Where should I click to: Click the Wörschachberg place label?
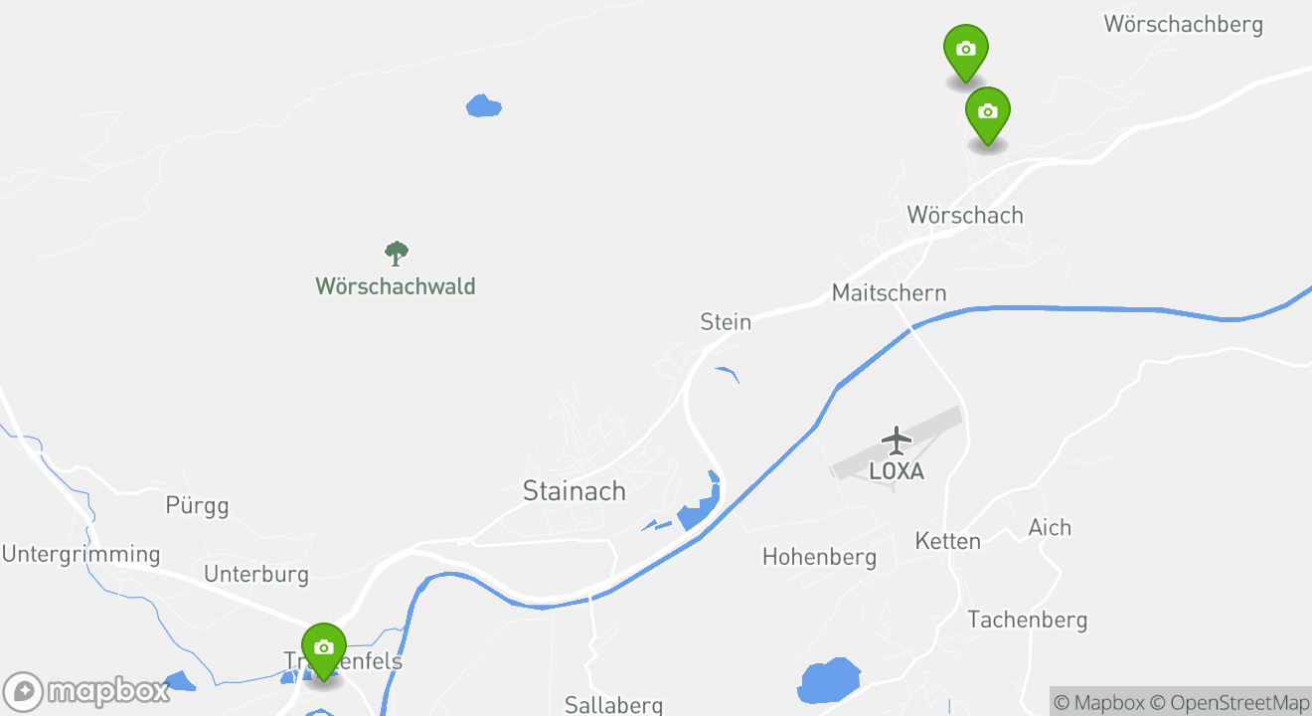point(1183,24)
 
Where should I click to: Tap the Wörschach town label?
point(964,215)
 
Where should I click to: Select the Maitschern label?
point(889,292)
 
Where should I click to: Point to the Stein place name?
point(726,321)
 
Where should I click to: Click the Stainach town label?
point(574,490)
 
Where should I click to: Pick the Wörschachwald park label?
point(396,286)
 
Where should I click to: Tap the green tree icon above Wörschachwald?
point(397,254)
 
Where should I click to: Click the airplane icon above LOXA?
point(897,439)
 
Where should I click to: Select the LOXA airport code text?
point(897,471)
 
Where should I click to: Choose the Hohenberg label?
point(819,557)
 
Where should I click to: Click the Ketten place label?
point(947,541)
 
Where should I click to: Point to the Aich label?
point(1050,527)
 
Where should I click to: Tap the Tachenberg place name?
point(1028,620)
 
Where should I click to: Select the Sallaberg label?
point(613,705)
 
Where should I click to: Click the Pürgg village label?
point(197,505)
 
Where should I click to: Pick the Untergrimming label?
point(81,554)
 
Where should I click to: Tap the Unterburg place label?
point(256,574)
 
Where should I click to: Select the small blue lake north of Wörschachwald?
point(483,104)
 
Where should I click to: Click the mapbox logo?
point(86,691)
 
